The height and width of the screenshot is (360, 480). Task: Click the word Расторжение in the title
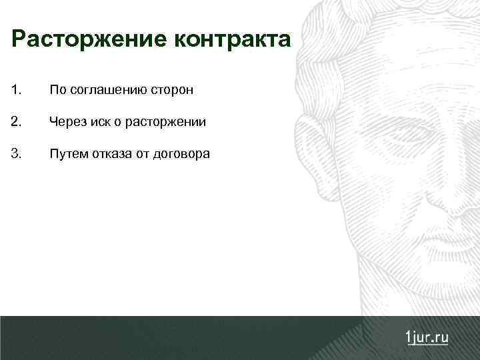click(x=90, y=40)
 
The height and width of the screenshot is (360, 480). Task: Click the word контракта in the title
click(x=233, y=40)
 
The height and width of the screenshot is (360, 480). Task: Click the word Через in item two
click(x=66, y=123)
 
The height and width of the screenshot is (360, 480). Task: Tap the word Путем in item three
click(x=67, y=155)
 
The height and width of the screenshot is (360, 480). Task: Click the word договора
click(x=182, y=155)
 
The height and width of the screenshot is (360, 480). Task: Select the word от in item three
click(x=144, y=155)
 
